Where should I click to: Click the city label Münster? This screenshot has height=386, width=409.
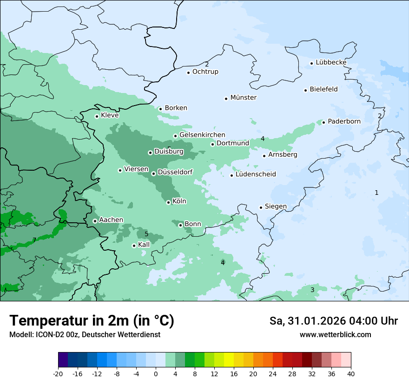tap(243, 98)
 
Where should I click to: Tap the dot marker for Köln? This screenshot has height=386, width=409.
tap(168, 202)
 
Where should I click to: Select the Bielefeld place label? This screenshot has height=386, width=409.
tap(323, 89)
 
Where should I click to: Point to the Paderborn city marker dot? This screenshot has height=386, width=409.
tap(323, 122)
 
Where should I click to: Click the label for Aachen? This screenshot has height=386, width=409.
tap(111, 220)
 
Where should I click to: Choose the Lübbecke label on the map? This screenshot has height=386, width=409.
tap(331, 62)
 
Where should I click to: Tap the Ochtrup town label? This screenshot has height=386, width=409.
tap(205, 72)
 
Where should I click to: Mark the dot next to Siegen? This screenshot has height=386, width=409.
tap(261, 207)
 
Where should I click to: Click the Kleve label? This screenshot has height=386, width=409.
tap(110, 115)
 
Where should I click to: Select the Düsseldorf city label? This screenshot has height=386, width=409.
tap(175, 173)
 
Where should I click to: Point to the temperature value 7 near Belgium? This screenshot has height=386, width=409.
tap(34, 240)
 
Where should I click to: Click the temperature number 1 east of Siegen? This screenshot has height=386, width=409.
tap(376, 193)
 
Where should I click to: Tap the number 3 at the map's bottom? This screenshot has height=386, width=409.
tap(312, 290)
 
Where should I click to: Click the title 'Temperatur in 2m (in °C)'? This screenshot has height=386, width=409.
tap(92, 320)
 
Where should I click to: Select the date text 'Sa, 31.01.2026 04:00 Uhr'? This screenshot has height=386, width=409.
tap(333, 321)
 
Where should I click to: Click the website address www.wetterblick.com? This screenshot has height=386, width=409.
tap(335, 334)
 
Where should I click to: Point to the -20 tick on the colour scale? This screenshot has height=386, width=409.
tap(58, 373)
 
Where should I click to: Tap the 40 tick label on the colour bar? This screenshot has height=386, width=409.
tap(351, 373)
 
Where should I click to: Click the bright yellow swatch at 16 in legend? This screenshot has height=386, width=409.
tap(229, 360)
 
